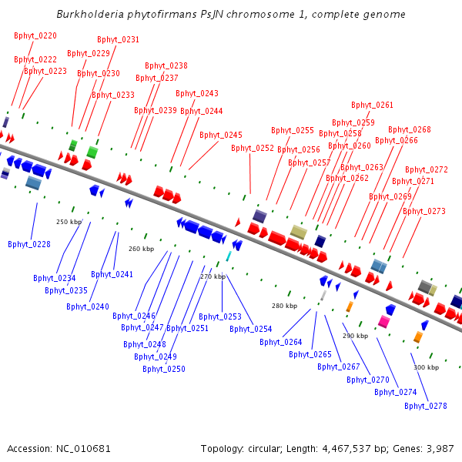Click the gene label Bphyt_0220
pyautogui.click(x=35, y=35)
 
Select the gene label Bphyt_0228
pyautogui.click(x=29, y=244)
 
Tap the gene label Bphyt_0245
pyautogui.click(x=221, y=135)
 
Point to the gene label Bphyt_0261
pyautogui.click(x=373, y=105)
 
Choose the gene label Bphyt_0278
pyautogui.click(x=427, y=406)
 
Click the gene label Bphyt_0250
pyautogui.click(x=164, y=369)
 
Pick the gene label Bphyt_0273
pyautogui.click(x=424, y=211)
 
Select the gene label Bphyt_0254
pyautogui.click(x=251, y=329)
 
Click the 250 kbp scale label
pyautogui.click(x=69, y=222)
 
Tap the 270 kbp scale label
pyautogui.click(x=213, y=276)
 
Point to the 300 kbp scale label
pyautogui.click(x=426, y=367)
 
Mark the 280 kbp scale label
pyautogui.click(x=285, y=306)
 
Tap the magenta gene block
pyautogui.click(x=383, y=320)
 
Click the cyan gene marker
pyautogui.click(x=229, y=256)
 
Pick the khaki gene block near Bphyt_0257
pyautogui.click(x=299, y=232)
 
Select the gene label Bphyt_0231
pyautogui.click(x=119, y=39)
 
